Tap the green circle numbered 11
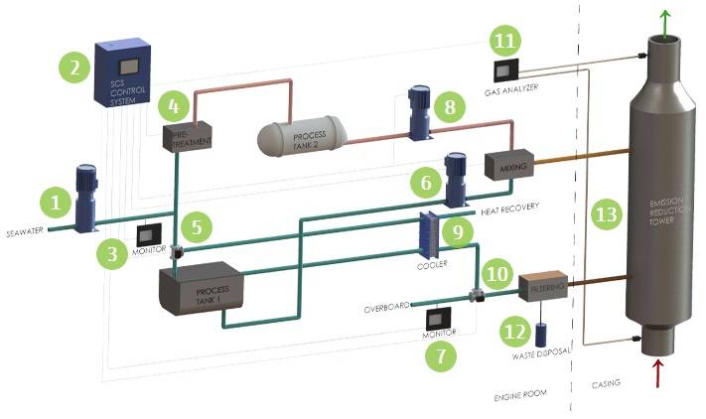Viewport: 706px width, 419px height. click(506, 43)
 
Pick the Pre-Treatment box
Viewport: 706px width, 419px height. click(188, 137)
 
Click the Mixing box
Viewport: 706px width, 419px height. click(509, 164)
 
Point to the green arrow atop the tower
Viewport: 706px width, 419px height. click(666, 19)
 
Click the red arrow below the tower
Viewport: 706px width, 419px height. click(658, 376)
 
